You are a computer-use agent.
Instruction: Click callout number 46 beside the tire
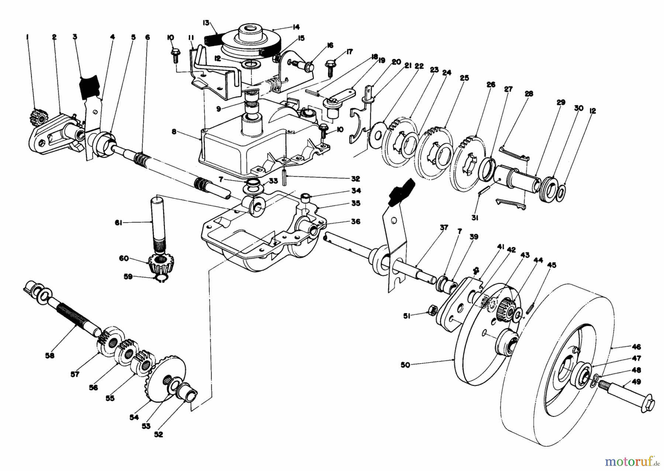pyautogui.click(x=636, y=347)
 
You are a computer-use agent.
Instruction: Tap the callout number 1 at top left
pyautogui.click(x=27, y=37)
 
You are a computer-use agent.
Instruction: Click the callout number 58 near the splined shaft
pyautogui.click(x=49, y=355)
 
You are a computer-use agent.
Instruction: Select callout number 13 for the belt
pyautogui.click(x=206, y=23)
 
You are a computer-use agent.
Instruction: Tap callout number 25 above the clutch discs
pyautogui.click(x=464, y=78)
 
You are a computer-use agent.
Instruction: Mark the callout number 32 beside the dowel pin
pyautogui.click(x=355, y=179)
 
